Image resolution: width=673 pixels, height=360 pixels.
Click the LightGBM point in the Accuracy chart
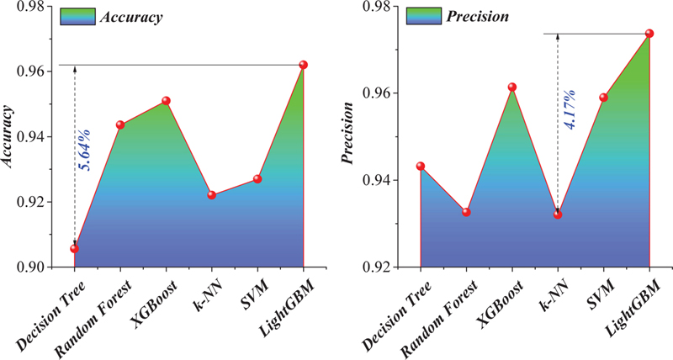tap(304, 65)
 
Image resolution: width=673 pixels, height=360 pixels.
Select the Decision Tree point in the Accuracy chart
tap(74, 248)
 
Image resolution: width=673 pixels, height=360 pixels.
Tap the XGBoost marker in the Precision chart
tap(512, 87)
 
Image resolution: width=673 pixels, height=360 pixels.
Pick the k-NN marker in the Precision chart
tap(558, 214)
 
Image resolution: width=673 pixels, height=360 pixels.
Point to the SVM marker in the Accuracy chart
tap(257, 178)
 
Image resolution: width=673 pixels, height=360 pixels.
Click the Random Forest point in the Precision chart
tap(466, 212)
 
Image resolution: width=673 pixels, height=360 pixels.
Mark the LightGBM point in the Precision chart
tap(649, 34)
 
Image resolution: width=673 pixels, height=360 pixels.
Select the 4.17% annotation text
tap(570, 109)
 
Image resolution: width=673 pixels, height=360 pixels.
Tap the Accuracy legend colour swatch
tap(77, 16)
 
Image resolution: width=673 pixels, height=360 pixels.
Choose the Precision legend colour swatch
tap(424, 15)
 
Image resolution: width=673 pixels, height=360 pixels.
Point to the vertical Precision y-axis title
tap(347, 133)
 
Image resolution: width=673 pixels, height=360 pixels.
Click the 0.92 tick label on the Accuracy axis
tap(27, 202)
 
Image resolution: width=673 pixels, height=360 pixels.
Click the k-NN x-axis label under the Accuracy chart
tap(201, 296)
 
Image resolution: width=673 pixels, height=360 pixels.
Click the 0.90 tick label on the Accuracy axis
tap(27, 267)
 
